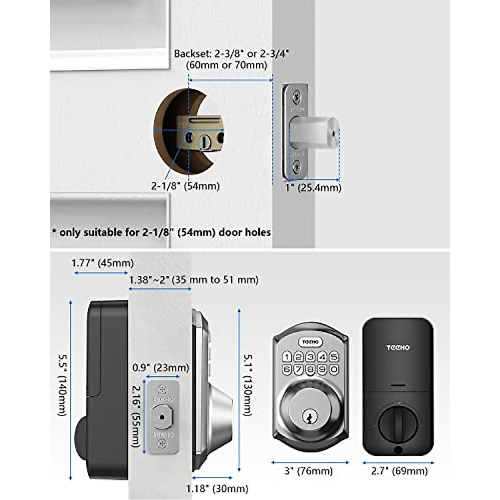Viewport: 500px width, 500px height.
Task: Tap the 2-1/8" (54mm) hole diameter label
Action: click(185, 186)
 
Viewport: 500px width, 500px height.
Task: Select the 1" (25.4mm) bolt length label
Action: click(313, 187)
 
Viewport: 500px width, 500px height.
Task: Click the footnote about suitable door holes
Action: click(161, 232)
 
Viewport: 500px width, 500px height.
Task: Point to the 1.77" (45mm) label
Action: click(102, 263)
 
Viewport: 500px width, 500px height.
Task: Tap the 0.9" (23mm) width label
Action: click(161, 368)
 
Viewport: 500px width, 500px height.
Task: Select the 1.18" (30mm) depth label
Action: click(217, 488)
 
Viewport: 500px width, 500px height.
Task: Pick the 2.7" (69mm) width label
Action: click(399, 471)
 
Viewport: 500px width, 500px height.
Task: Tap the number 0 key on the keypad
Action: click(334, 369)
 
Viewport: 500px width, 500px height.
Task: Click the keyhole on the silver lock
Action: click(310, 415)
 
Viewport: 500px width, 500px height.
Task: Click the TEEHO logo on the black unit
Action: click(397, 347)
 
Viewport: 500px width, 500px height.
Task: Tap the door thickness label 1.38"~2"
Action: click(194, 280)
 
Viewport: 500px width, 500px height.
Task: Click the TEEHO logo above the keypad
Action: click(310, 342)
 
